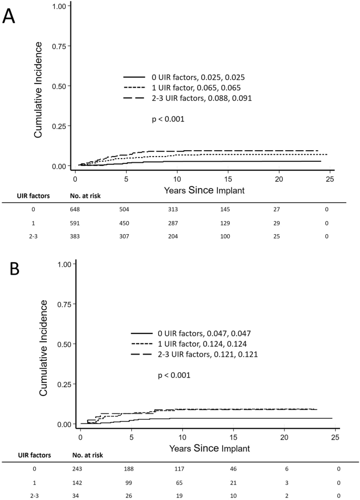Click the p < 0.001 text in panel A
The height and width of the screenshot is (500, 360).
click(x=168, y=119)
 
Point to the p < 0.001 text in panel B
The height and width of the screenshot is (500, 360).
click(x=175, y=376)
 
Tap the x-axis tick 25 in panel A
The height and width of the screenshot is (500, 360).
click(x=329, y=179)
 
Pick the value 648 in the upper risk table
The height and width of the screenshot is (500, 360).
click(x=77, y=210)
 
